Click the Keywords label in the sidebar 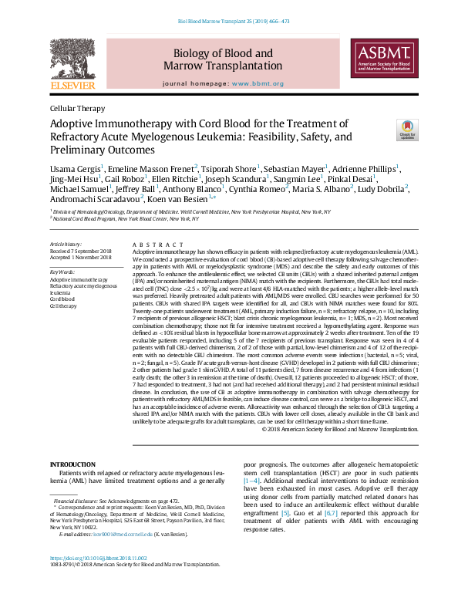coord(62,272)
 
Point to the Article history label coord(66,244)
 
